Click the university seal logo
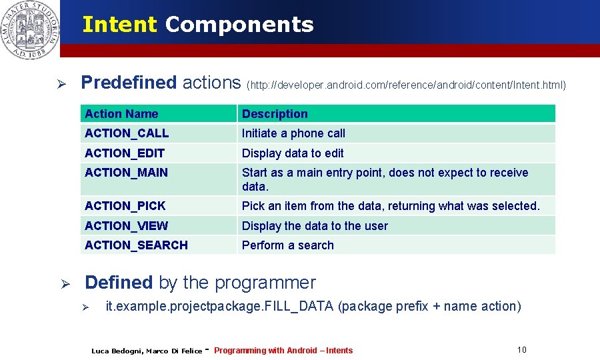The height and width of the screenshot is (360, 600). tap(30, 29)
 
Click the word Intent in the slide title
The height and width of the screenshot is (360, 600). tap(119, 25)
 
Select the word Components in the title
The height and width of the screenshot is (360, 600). tap(239, 25)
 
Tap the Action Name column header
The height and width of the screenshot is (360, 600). tap(121, 114)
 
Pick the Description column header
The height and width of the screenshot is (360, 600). tap(275, 114)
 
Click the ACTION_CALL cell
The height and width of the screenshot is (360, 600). tap(127, 133)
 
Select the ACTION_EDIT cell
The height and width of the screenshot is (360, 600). tap(125, 153)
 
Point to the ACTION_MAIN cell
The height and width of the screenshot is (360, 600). tap(126, 173)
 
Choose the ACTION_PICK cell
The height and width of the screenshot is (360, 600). tap(125, 206)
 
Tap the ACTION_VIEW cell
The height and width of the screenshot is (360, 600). tap(126, 226)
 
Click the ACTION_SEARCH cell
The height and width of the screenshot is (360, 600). tap(136, 245)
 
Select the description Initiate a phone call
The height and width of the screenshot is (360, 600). tap(293, 133)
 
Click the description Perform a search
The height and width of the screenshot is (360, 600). tap(287, 245)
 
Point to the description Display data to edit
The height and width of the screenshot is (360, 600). tap(293, 153)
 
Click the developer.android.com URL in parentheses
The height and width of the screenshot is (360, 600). tap(406, 85)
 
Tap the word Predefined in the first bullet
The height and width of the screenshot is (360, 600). tap(129, 83)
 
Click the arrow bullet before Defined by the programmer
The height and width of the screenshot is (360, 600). tap(65, 284)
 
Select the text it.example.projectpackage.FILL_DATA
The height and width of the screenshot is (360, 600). tap(220, 307)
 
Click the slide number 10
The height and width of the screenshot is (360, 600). tap(521, 350)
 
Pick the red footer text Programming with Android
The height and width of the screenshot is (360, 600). tap(283, 351)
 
